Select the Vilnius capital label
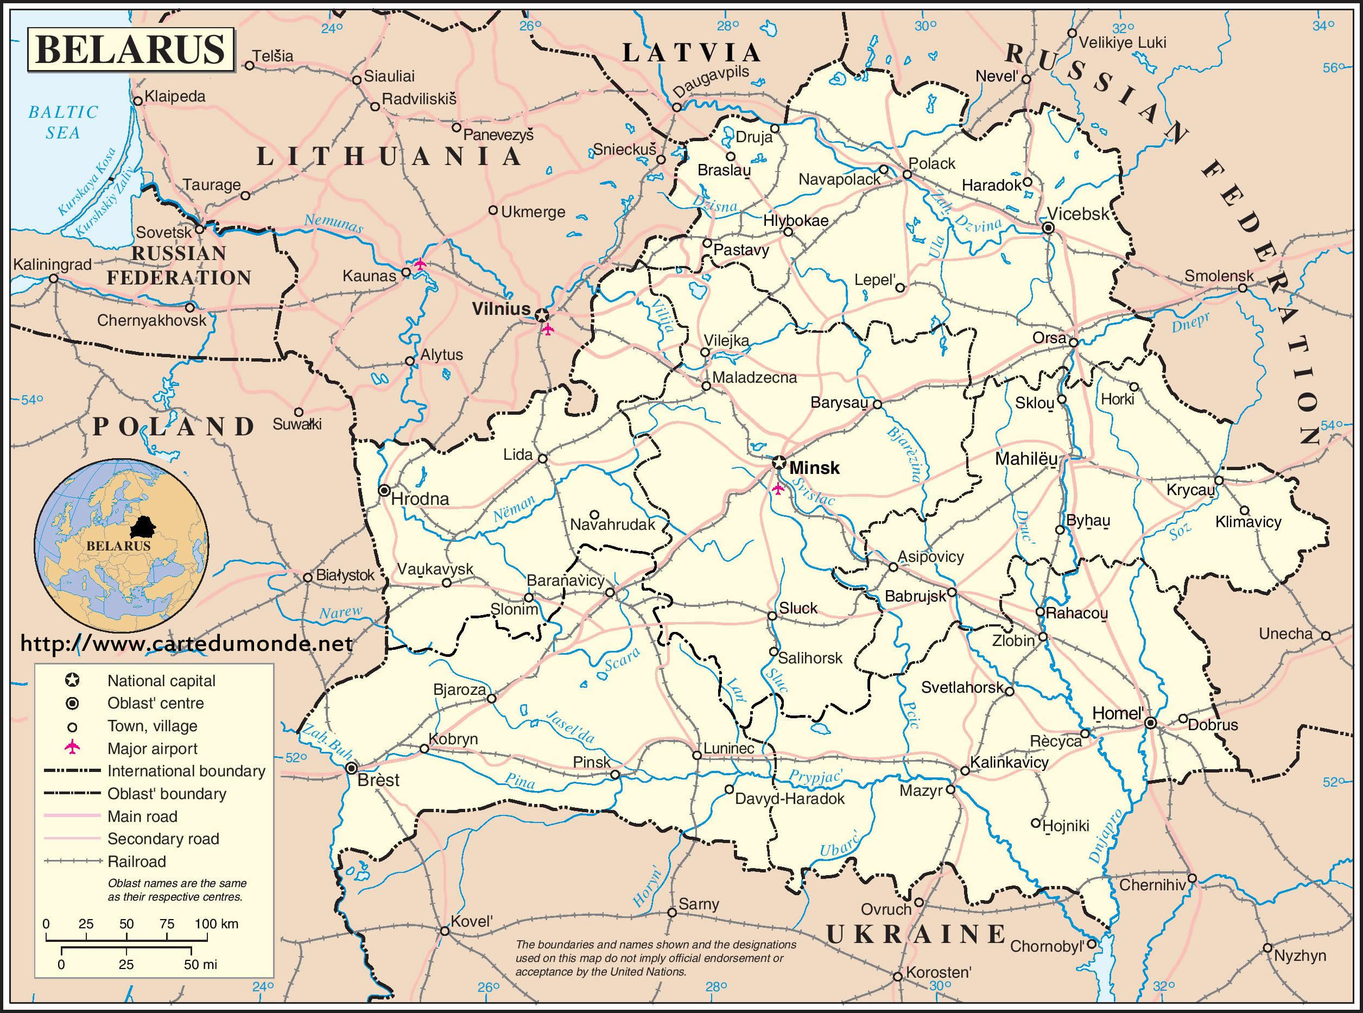click(500, 309)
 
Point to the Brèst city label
click(378, 780)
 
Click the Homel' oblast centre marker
click(1151, 724)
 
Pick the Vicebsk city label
click(1078, 213)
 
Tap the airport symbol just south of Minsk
click(778, 489)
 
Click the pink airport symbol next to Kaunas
click(420, 264)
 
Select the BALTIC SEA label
click(62, 122)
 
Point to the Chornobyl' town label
click(1047, 946)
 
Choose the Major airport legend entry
click(152, 749)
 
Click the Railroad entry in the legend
click(136, 862)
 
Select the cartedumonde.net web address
click(186, 643)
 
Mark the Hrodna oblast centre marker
click(384, 491)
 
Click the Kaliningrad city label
click(52, 265)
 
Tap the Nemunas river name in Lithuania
click(333, 223)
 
